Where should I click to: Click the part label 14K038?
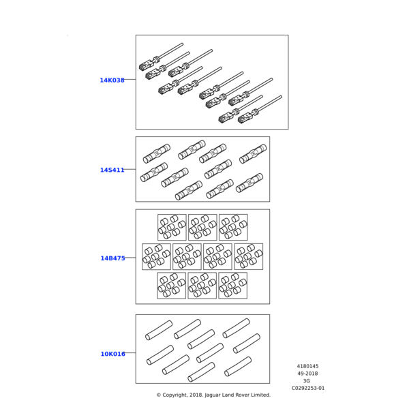(x=112, y=80)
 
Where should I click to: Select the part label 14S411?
(x=112, y=170)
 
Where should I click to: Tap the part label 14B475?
(x=112, y=258)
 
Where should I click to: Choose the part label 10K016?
(x=112, y=354)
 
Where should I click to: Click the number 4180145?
(x=307, y=366)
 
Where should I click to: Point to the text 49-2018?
(x=307, y=374)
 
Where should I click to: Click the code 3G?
(x=307, y=381)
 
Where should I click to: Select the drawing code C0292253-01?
(x=308, y=388)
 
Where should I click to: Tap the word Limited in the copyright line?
(x=260, y=395)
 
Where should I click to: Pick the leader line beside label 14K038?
(x=130, y=79)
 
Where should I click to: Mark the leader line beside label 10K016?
(x=130, y=353)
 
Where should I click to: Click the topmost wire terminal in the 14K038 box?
(x=161, y=57)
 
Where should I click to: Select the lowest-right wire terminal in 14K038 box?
(x=260, y=110)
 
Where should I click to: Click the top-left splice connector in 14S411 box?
(x=157, y=153)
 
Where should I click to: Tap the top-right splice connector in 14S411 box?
(x=253, y=154)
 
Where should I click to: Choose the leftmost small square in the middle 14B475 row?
(x=156, y=257)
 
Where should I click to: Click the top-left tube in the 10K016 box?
(x=159, y=331)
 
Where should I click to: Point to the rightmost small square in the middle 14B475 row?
(x=249, y=257)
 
